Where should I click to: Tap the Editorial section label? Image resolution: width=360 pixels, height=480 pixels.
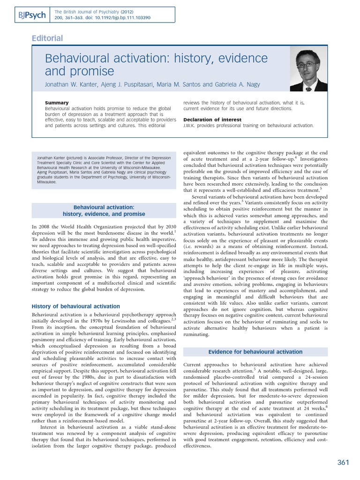tap(47, 38)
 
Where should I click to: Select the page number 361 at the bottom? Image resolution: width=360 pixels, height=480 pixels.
tap(343, 463)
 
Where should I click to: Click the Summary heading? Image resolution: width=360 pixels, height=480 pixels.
tap(57, 103)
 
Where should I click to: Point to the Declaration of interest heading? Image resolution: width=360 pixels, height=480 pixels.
tap(212, 120)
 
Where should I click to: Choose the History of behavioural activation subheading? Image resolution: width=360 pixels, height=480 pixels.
tap(75, 307)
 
